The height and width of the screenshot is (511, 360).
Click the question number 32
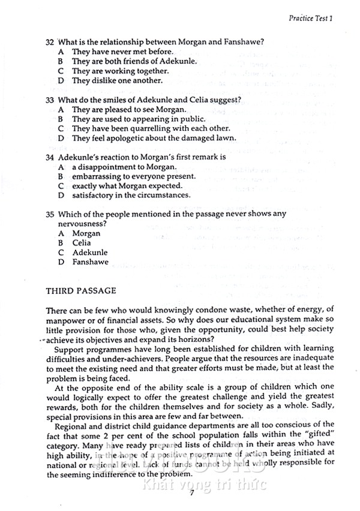50,42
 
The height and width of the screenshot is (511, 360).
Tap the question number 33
50,100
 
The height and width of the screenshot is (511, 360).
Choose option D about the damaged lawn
154,138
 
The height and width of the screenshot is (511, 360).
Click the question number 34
50,157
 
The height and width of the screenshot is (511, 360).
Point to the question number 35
50,214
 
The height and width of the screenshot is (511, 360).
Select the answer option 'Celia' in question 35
82,243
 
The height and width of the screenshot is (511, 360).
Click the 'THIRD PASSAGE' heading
81,291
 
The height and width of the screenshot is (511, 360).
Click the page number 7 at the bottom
191,493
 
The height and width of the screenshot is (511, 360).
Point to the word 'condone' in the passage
187,311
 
